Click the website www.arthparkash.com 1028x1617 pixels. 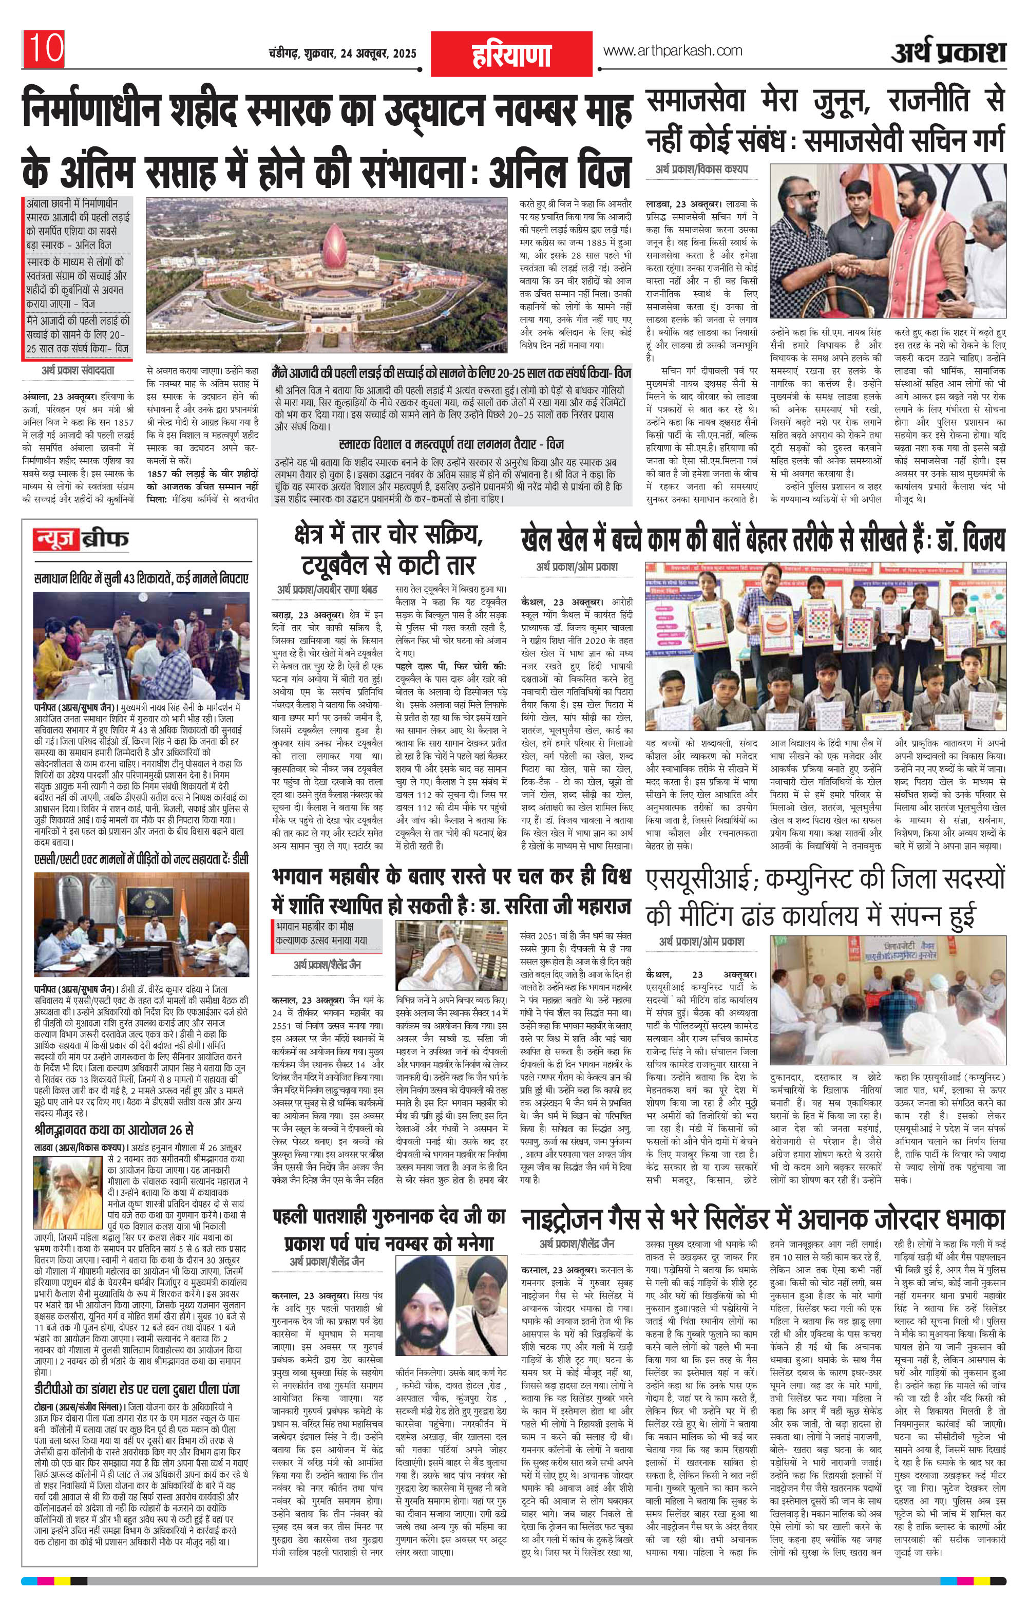click(673, 51)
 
